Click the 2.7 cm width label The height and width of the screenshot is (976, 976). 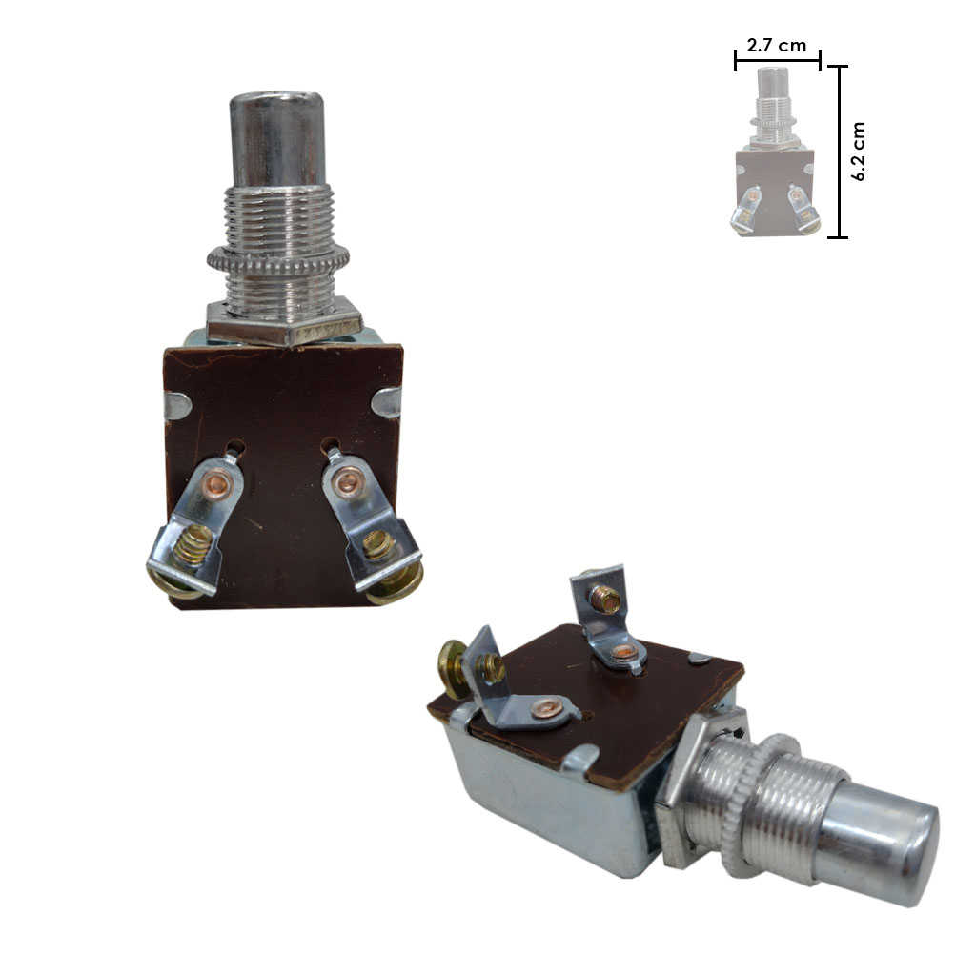point(776,46)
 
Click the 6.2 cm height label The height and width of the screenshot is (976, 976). point(859,152)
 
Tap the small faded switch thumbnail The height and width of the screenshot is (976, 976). point(775,152)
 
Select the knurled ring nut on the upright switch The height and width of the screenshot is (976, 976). point(277,259)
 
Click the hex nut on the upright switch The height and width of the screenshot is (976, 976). point(284,322)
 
